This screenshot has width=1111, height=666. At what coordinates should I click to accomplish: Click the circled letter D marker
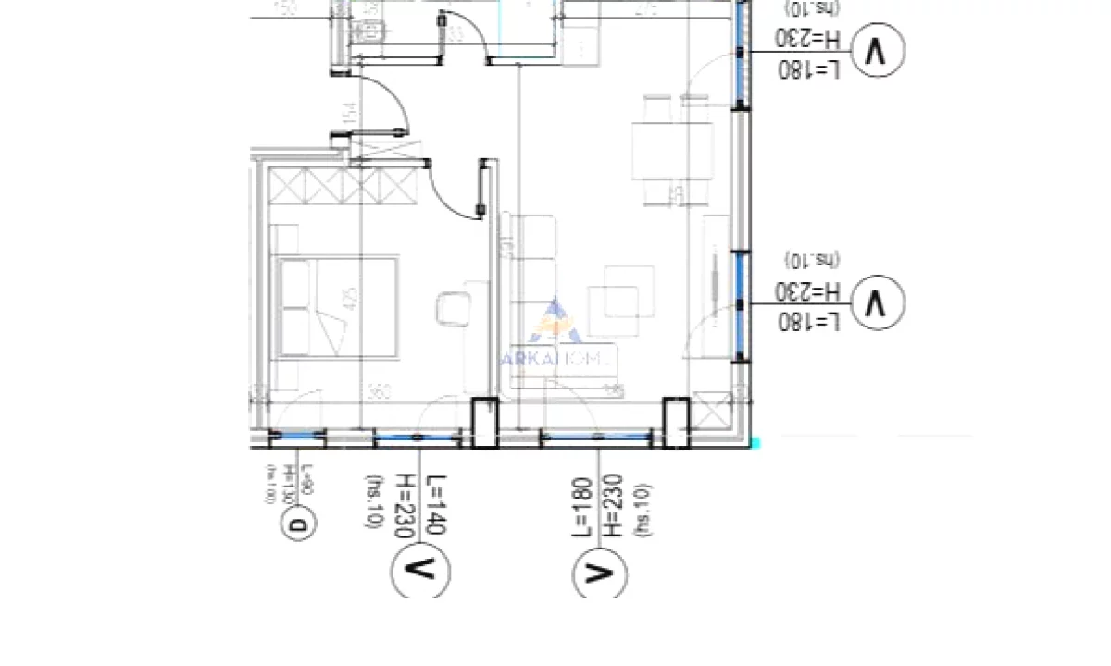(298, 527)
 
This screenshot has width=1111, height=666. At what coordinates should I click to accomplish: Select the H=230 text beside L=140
(405, 500)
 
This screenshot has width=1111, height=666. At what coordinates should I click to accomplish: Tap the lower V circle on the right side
(874, 302)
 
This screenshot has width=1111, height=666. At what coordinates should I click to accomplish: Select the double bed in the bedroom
(335, 307)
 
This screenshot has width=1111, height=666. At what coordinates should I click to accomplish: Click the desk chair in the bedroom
(453, 308)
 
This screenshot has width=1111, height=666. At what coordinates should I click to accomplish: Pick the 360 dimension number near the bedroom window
(351, 392)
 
